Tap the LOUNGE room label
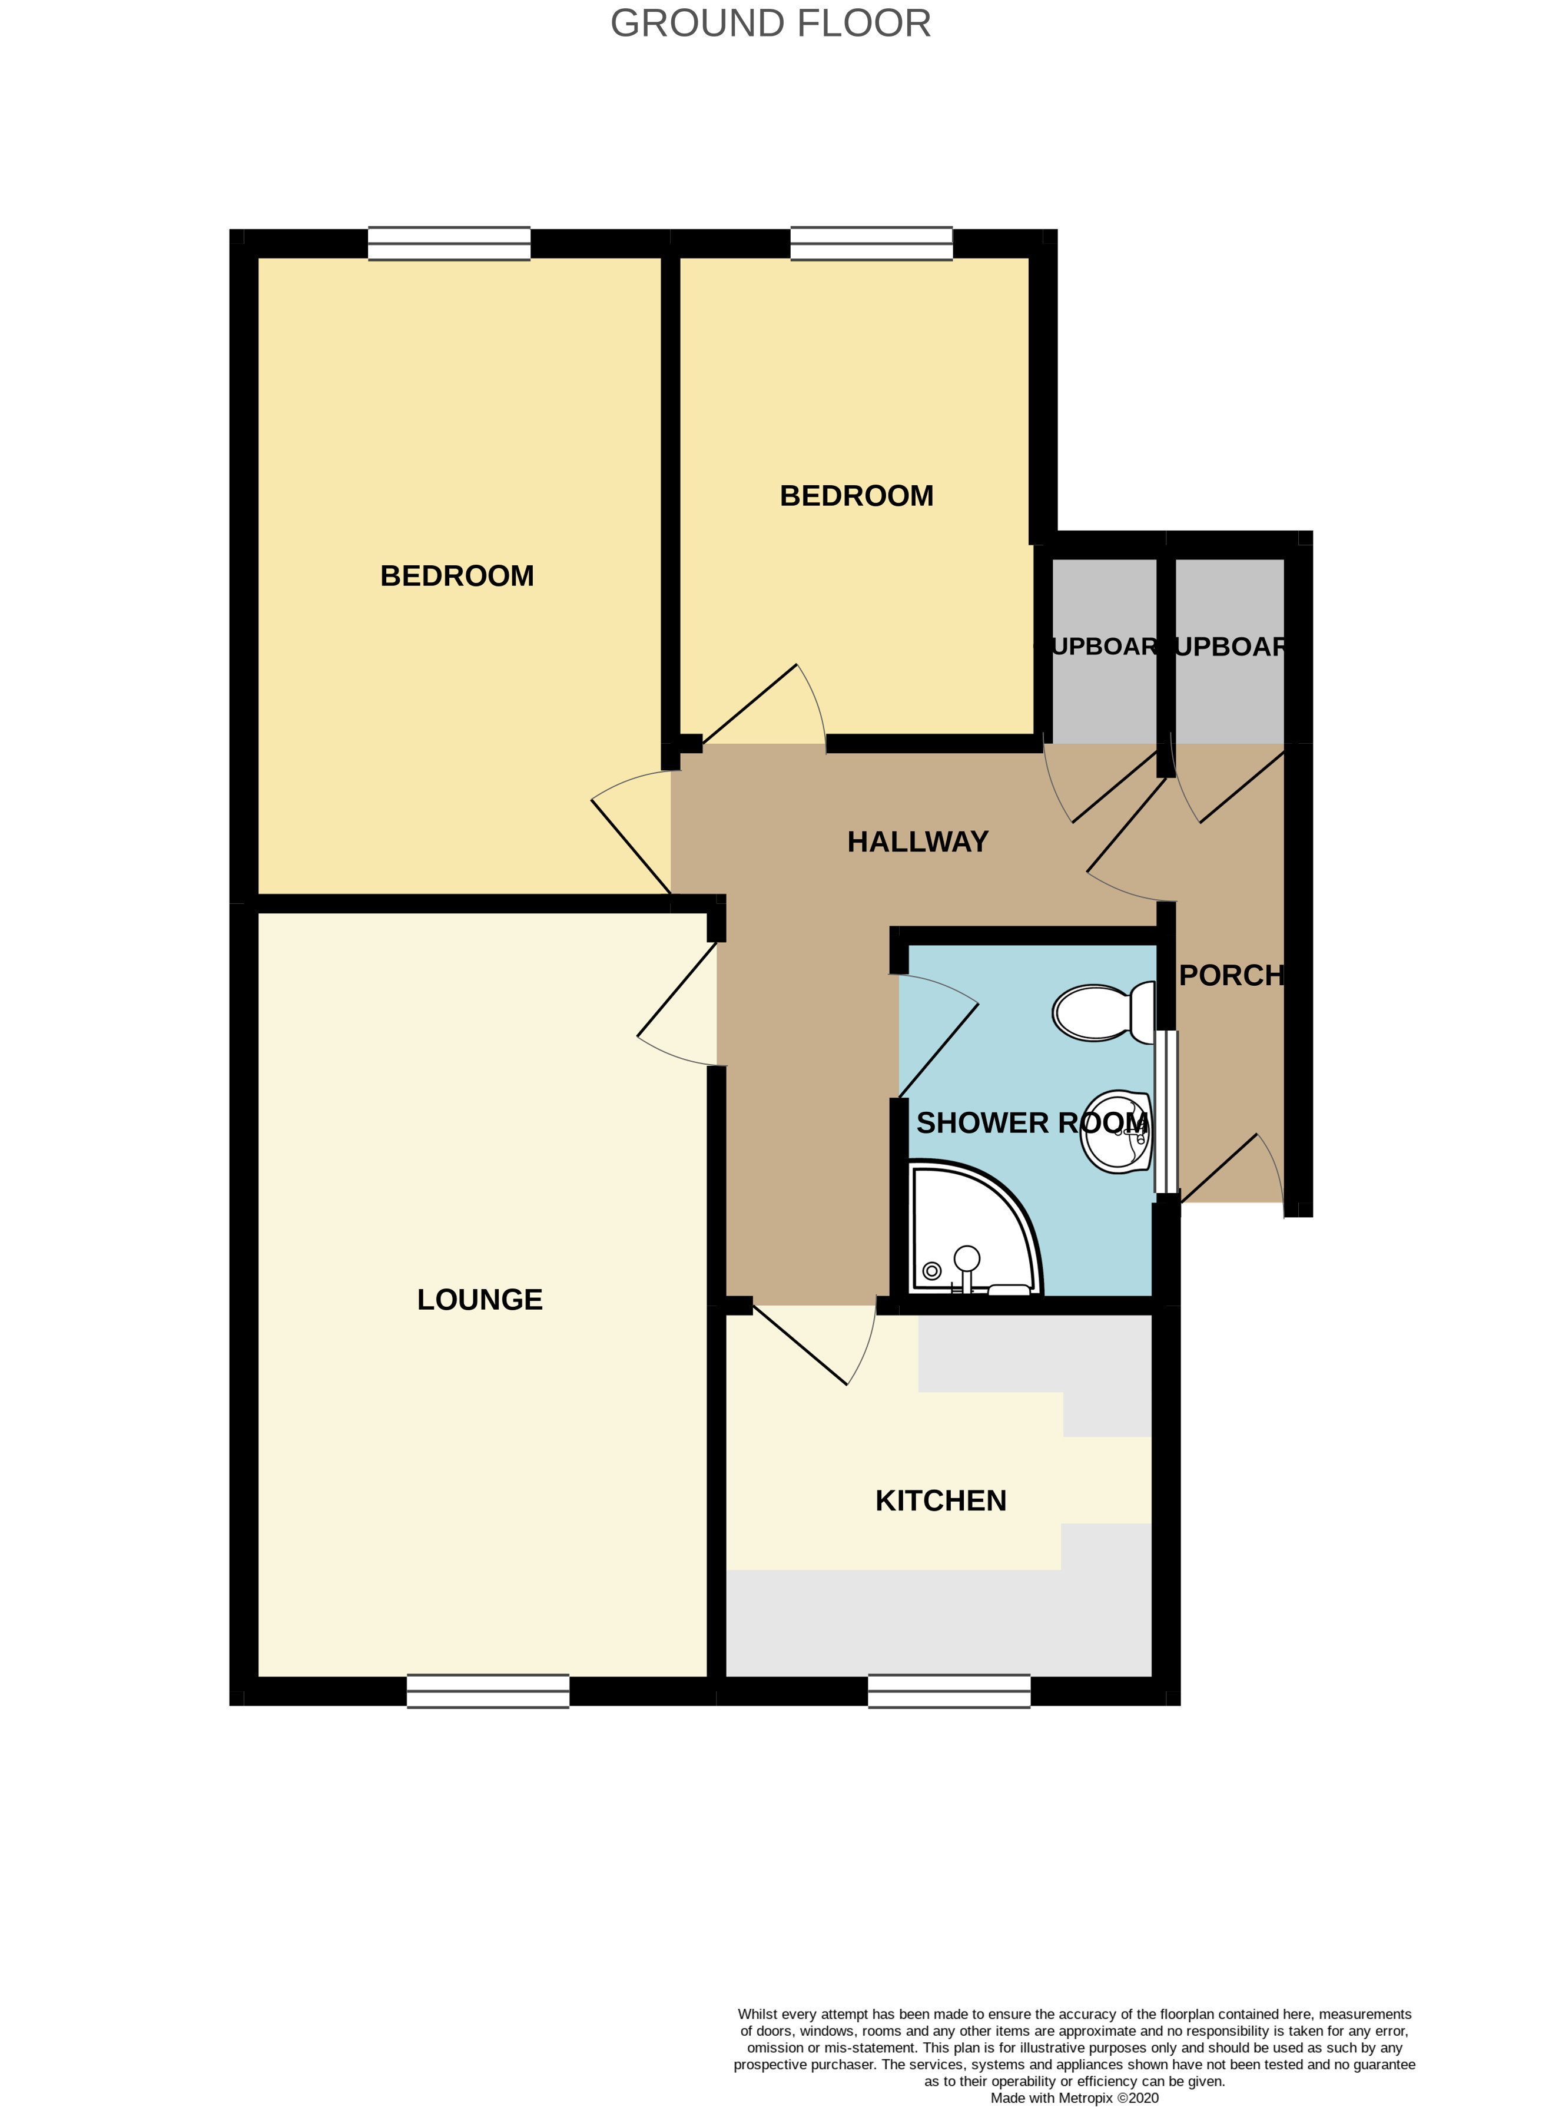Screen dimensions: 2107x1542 pyautogui.click(x=480, y=1300)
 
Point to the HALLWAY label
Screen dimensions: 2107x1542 pyautogui.click(x=917, y=842)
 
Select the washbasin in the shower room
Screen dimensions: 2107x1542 pyautogui.click(x=1117, y=1131)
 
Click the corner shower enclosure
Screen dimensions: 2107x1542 pyautogui.click(x=971, y=1230)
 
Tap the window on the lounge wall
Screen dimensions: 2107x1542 pyautogui.click(x=488, y=1691)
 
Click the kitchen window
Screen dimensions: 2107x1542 pyautogui.click(x=949, y=1691)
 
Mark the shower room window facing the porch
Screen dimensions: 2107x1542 pyautogui.click(x=1167, y=1111)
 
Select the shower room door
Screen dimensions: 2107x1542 pyautogui.click(x=938, y=1036)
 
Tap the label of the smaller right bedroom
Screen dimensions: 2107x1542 pyautogui.click(x=856, y=496)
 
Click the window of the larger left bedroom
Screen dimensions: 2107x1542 pyautogui.click(x=449, y=244)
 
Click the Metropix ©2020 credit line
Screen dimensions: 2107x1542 pyautogui.click(x=1075, y=2098)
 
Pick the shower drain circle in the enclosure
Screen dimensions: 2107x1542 pyautogui.click(x=931, y=1271)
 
